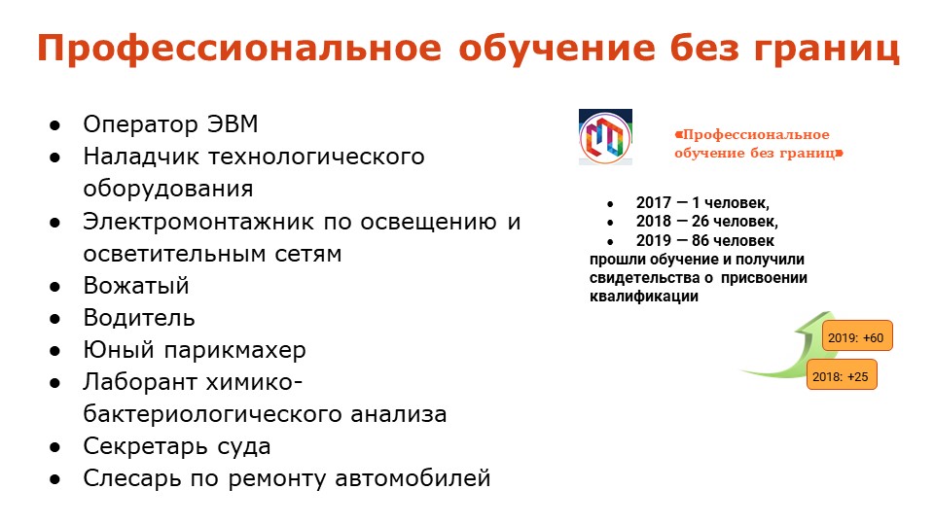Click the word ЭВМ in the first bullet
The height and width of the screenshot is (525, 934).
[233, 123]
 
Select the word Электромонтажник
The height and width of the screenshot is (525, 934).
[198, 222]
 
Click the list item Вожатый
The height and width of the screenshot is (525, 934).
[136, 286]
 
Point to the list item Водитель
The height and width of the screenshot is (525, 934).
[139, 318]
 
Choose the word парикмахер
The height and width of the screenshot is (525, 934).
[234, 351]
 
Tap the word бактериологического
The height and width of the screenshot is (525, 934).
[211, 415]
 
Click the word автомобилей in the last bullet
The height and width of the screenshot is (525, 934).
[413, 478]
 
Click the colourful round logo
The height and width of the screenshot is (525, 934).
[605, 138]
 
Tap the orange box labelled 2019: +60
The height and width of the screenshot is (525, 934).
[856, 336]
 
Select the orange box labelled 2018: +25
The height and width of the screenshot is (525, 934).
[841, 375]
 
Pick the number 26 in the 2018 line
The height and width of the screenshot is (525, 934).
[700, 222]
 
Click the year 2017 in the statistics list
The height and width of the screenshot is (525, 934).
[654, 203]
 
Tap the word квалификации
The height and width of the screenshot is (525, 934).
[644, 297]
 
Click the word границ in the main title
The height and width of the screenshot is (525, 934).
[826, 49]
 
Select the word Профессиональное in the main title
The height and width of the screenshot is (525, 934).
[239, 49]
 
